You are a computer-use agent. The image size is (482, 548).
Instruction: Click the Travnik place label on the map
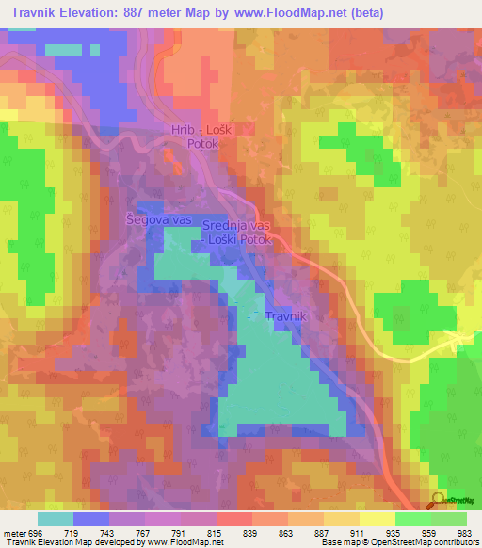tap(286, 317)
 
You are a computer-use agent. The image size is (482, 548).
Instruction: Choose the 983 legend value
tap(465, 532)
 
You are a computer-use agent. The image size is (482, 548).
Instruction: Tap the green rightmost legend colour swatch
tap(449, 519)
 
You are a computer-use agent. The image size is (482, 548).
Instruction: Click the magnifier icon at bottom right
tap(438, 499)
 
